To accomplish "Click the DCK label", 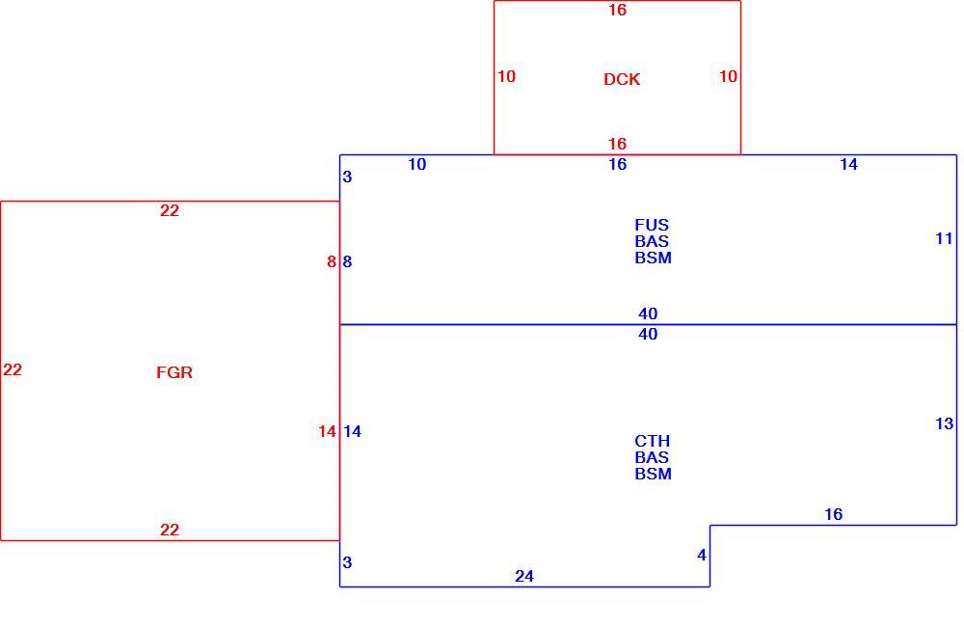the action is [622, 79].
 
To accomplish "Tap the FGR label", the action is [174, 372].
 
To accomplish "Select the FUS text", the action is [652, 225].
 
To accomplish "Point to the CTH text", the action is [652, 441].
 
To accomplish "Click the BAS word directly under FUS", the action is [652, 241].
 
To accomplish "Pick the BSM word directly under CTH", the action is [653, 474].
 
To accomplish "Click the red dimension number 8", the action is [332, 262].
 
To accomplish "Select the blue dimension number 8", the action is [347, 262].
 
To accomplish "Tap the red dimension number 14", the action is [327, 432].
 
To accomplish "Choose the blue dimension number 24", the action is [524, 577].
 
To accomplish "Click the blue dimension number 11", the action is [944, 238].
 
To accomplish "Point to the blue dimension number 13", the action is [945, 423].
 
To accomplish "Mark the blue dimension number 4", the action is [702, 555].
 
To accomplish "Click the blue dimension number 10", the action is [416, 164].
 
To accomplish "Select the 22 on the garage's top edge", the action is [170, 210].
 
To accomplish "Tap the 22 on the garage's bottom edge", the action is [170, 530].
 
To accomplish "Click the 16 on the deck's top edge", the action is [617, 10].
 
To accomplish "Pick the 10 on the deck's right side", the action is [728, 76].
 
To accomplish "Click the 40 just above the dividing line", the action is [648, 313].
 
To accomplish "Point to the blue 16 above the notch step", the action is [833, 514].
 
